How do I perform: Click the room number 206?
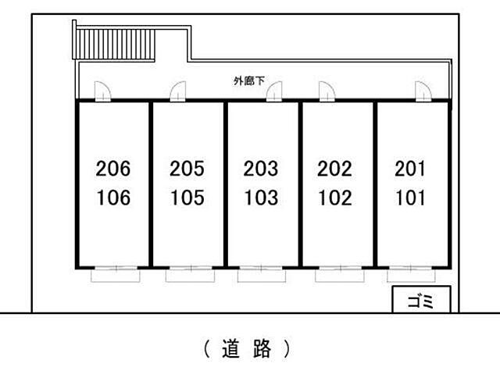(112, 168)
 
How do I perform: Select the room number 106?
(113, 198)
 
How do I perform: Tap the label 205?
(187, 168)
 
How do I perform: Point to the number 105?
(187, 198)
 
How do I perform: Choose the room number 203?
(261, 168)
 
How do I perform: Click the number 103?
(262, 198)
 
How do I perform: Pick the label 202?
(335, 168)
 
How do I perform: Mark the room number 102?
(335, 198)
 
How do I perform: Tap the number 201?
(410, 168)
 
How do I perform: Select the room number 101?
(411, 198)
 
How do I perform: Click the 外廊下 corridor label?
(249, 81)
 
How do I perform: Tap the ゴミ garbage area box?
(421, 299)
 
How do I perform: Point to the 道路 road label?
(247, 348)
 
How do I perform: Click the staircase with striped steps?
(114, 45)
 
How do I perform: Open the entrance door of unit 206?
(102, 91)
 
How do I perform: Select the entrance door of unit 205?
(178, 91)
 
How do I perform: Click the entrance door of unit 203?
(274, 91)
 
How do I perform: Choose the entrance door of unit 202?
(327, 91)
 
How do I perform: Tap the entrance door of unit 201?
(423, 91)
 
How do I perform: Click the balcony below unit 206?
(116, 276)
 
